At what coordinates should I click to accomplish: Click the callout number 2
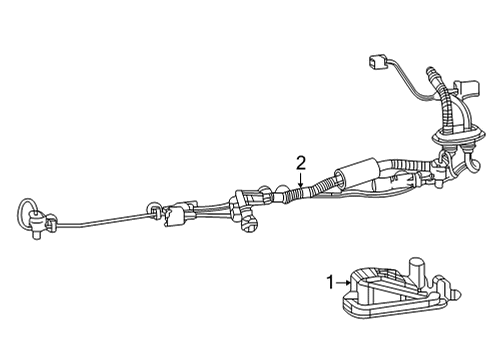(300, 161)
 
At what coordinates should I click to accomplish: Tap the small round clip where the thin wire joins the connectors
(153, 210)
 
